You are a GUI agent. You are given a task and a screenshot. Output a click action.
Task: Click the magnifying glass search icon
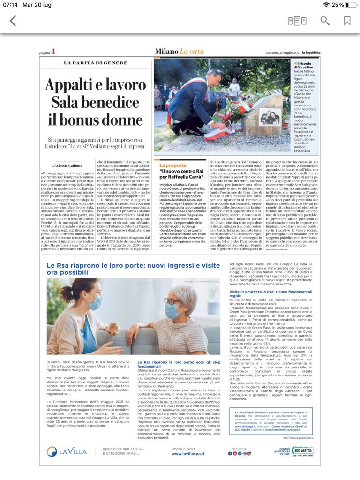coord(325,21)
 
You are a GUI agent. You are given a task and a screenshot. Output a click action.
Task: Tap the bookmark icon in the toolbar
coord(347,21)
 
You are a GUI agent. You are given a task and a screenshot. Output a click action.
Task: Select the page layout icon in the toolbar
coord(297,21)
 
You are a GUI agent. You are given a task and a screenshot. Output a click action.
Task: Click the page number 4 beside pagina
coord(53,52)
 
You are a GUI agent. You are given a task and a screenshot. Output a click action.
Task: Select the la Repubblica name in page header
coord(311,52)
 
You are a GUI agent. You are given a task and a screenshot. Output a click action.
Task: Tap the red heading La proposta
coord(173,165)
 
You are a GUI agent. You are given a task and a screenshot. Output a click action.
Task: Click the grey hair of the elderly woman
coord(187,297)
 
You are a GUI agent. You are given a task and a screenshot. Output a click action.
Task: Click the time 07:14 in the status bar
coord(10,5)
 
